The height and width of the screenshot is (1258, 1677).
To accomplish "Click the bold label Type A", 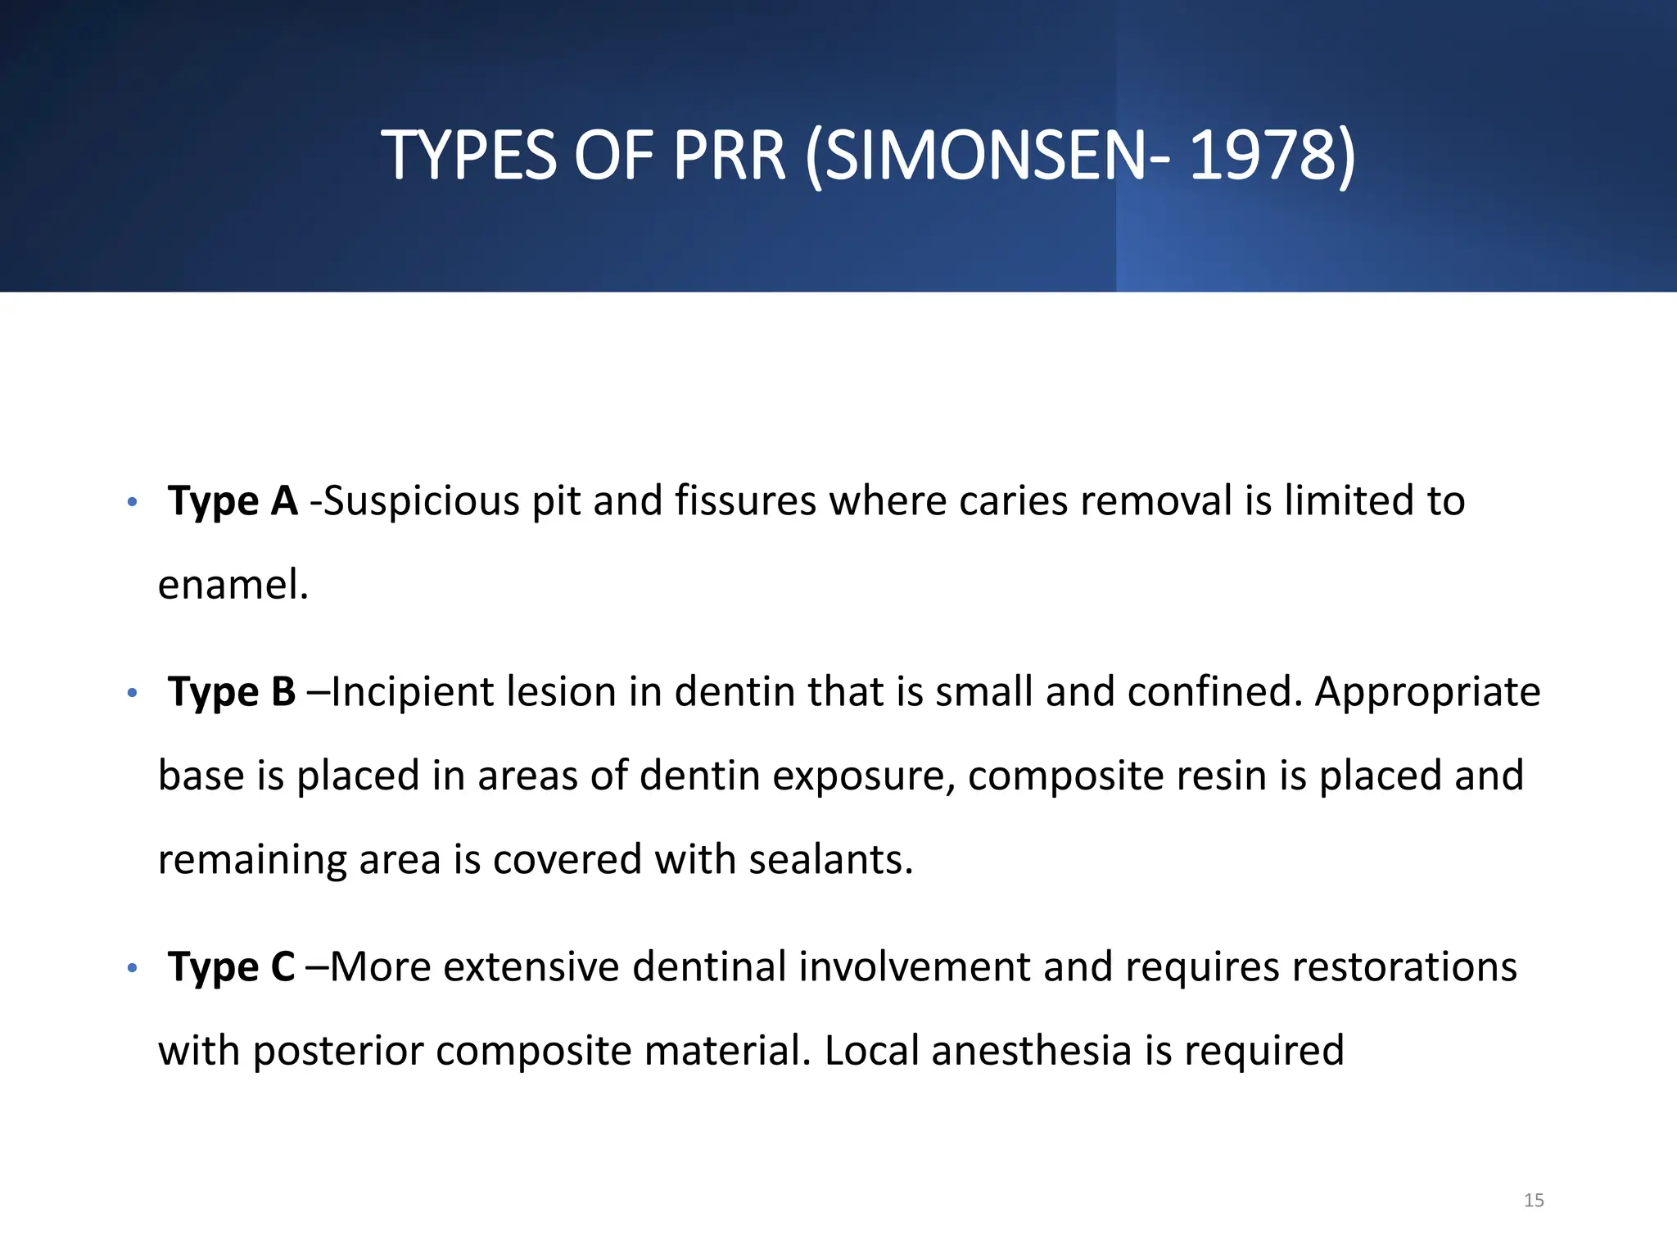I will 233,500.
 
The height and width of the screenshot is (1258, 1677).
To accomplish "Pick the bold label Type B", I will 232,692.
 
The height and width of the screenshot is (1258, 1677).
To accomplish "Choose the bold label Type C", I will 231,966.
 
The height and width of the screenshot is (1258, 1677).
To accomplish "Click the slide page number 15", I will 1534,1201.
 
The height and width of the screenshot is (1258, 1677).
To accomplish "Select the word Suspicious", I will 422,501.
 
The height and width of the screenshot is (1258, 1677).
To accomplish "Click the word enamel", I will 233,585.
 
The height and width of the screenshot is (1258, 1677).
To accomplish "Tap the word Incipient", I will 411,692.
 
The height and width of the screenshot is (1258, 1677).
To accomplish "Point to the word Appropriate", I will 1427,692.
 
